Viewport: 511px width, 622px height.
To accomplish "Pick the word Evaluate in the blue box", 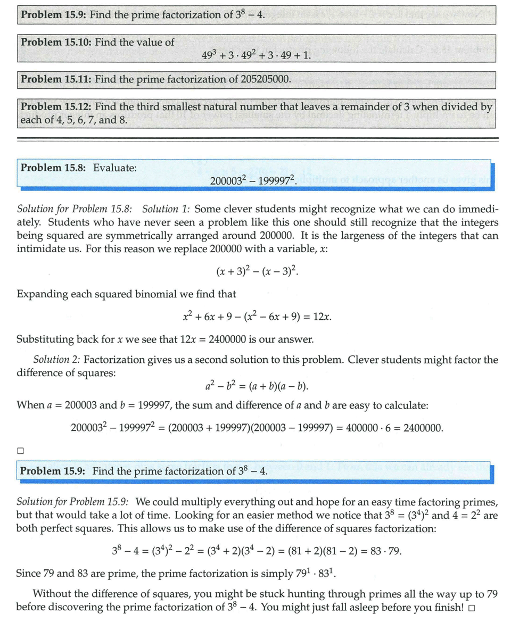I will pos(115,168).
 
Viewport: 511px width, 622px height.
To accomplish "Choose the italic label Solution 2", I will pos(57,360).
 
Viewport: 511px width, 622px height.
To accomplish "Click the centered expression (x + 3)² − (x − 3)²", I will pos(257,271).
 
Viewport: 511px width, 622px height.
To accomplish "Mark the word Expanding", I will pos(41,294).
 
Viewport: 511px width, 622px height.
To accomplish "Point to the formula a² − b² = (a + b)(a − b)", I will pos(257,386).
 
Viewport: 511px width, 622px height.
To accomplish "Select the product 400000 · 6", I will pos(368,427).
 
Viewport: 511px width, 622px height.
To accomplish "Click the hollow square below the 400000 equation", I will pos(20,450).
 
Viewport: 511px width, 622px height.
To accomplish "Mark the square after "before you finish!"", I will pos(472,608).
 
